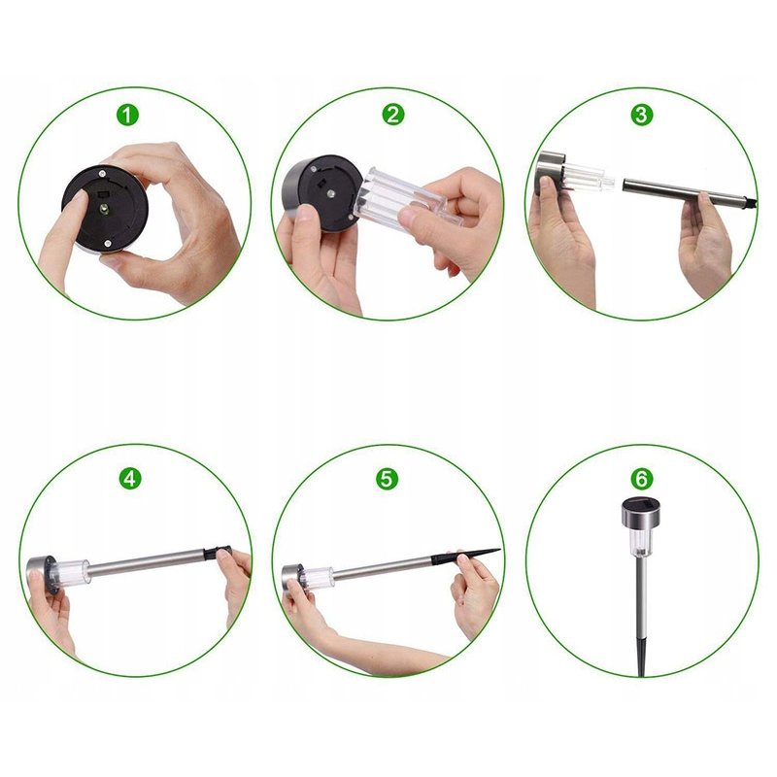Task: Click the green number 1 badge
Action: click(128, 115)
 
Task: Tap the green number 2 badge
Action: click(393, 115)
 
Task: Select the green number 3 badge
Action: click(641, 115)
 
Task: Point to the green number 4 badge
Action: click(130, 479)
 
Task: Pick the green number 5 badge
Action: click(387, 479)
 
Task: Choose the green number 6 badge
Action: click(641, 479)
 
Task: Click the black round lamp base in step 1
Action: click(105, 208)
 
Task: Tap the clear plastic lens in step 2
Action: click(406, 197)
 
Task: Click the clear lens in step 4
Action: click(69, 572)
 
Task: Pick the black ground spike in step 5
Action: click(466, 556)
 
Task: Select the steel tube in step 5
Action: click(383, 567)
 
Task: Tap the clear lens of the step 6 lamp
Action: click(640, 544)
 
